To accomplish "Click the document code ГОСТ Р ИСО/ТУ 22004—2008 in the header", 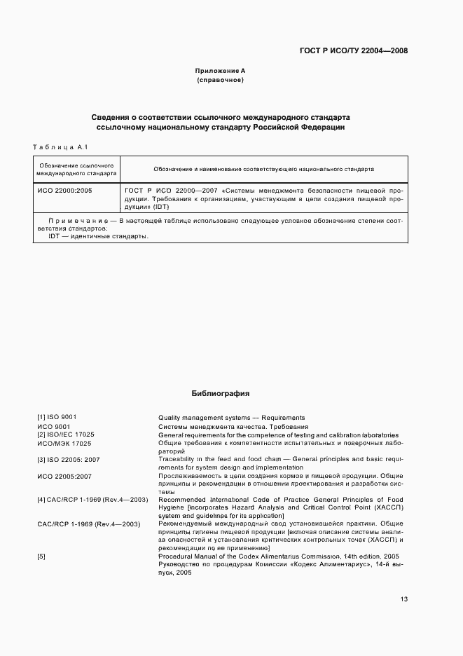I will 353,50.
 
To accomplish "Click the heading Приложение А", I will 220,71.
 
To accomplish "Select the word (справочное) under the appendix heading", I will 220,80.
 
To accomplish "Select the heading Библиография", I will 220,394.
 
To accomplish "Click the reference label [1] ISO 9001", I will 57,418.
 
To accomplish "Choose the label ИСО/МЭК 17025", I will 65,443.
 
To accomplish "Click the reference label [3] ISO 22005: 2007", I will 69,460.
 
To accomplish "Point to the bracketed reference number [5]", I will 41,556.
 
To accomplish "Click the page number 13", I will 404,599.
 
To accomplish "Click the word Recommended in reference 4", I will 181,500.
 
